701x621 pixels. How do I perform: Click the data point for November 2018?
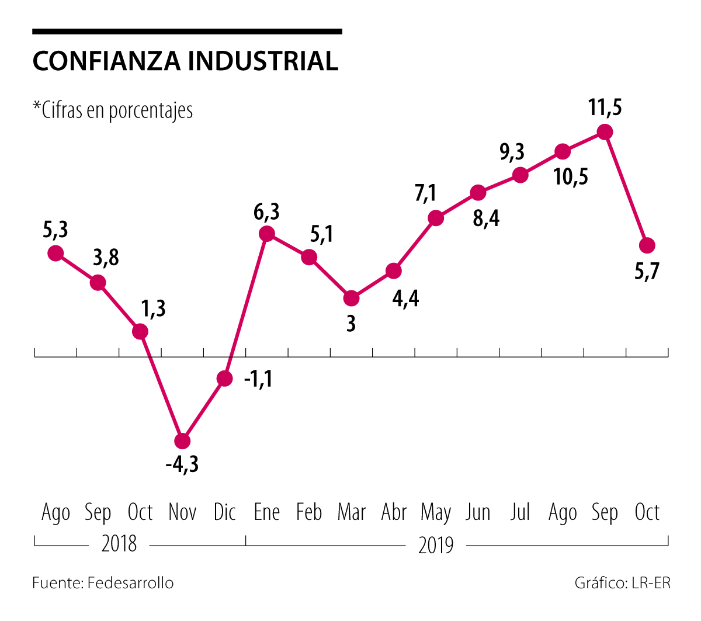pyautogui.click(x=183, y=441)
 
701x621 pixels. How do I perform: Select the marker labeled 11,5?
pyautogui.click(x=605, y=132)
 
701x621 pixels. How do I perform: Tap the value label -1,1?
pyautogui.click(x=258, y=380)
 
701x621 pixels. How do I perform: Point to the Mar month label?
pyautogui.click(x=352, y=512)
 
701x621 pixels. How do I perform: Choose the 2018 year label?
pyautogui.click(x=119, y=544)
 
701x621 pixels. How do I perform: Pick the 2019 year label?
pyautogui.click(x=436, y=546)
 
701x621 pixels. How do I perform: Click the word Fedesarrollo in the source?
pyautogui.click(x=130, y=583)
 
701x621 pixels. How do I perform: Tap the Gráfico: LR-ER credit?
pyautogui.click(x=622, y=583)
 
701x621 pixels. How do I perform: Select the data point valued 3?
pyautogui.click(x=351, y=299)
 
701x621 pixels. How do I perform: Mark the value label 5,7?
pyautogui.click(x=647, y=271)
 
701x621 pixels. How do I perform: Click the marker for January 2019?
pyautogui.click(x=267, y=234)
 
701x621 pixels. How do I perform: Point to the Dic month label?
pyautogui.click(x=225, y=512)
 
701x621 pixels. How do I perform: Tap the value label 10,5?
pyautogui.click(x=571, y=176)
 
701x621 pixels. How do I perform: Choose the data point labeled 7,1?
pyautogui.click(x=436, y=218)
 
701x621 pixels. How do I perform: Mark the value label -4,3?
pyautogui.click(x=182, y=465)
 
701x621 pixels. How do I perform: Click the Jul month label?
pyautogui.click(x=520, y=512)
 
